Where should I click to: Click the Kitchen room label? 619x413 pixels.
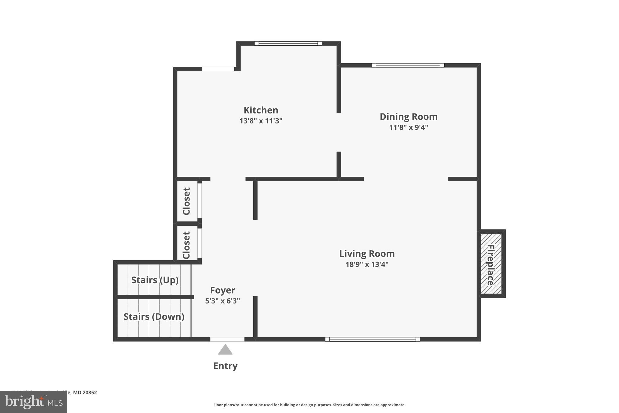pyautogui.click(x=261, y=110)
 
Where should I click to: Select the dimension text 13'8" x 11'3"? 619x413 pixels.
pyautogui.click(x=261, y=121)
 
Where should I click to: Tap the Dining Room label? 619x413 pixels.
pyautogui.click(x=408, y=116)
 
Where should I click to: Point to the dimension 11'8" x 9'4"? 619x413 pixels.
pyautogui.click(x=408, y=127)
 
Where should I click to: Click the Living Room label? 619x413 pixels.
pyautogui.click(x=367, y=254)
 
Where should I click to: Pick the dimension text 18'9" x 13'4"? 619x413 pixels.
pyautogui.click(x=367, y=264)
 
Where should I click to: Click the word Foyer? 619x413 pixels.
pyautogui.click(x=222, y=290)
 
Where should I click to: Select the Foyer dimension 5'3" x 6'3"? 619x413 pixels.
pyautogui.click(x=222, y=301)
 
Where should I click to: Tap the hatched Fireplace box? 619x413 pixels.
pyautogui.click(x=491, y=264)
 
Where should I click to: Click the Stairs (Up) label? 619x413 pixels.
pyautogui.click(x=155, y=280)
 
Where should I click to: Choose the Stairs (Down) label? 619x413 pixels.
pyautogui.click(x=154, y=316)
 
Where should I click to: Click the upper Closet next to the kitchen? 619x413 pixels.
pyautogui.click(x=187, y=201)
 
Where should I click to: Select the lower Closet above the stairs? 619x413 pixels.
pyautogui.click(x=187, y=245)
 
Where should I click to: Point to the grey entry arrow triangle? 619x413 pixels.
pyautogui.click(x=225, y=350)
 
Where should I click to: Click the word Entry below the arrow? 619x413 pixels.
pyautogui.click(x=225, y=366)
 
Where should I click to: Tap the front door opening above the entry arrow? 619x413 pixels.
pyautogui.click(x=227, y=339)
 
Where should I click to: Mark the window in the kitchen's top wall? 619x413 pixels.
pyautogui.click(x=288, y=44)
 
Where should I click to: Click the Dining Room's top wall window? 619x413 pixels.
pyautogui.click(x=408, y=65)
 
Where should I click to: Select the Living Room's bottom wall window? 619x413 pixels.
pyautogui.click(x=372, y=339)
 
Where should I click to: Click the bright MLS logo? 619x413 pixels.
pyautogui.click(x=33, y=402)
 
